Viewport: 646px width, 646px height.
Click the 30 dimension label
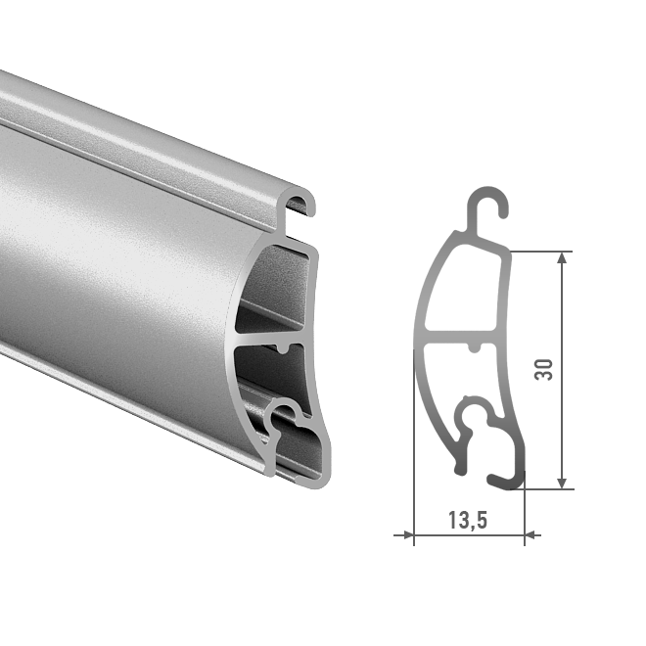pyautogui.click(x=543, y=370)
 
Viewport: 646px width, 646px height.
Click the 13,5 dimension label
pyautogui.click(x=468, y=520)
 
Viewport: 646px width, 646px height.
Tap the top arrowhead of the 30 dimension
pyautogui.click(x=562, y=257)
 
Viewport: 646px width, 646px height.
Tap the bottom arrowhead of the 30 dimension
pyautogui.click(x=562, y=483)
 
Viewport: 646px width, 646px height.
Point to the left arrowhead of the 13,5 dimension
pyautogui.click(x=408, y=535)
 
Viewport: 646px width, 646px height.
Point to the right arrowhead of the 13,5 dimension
pyautogui.click(x=531, y=535)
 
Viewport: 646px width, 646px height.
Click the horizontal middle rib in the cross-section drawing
pyautogui.click(x=461, y=337)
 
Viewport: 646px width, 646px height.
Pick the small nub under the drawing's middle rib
pyautogui.click(x=475, y=347)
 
